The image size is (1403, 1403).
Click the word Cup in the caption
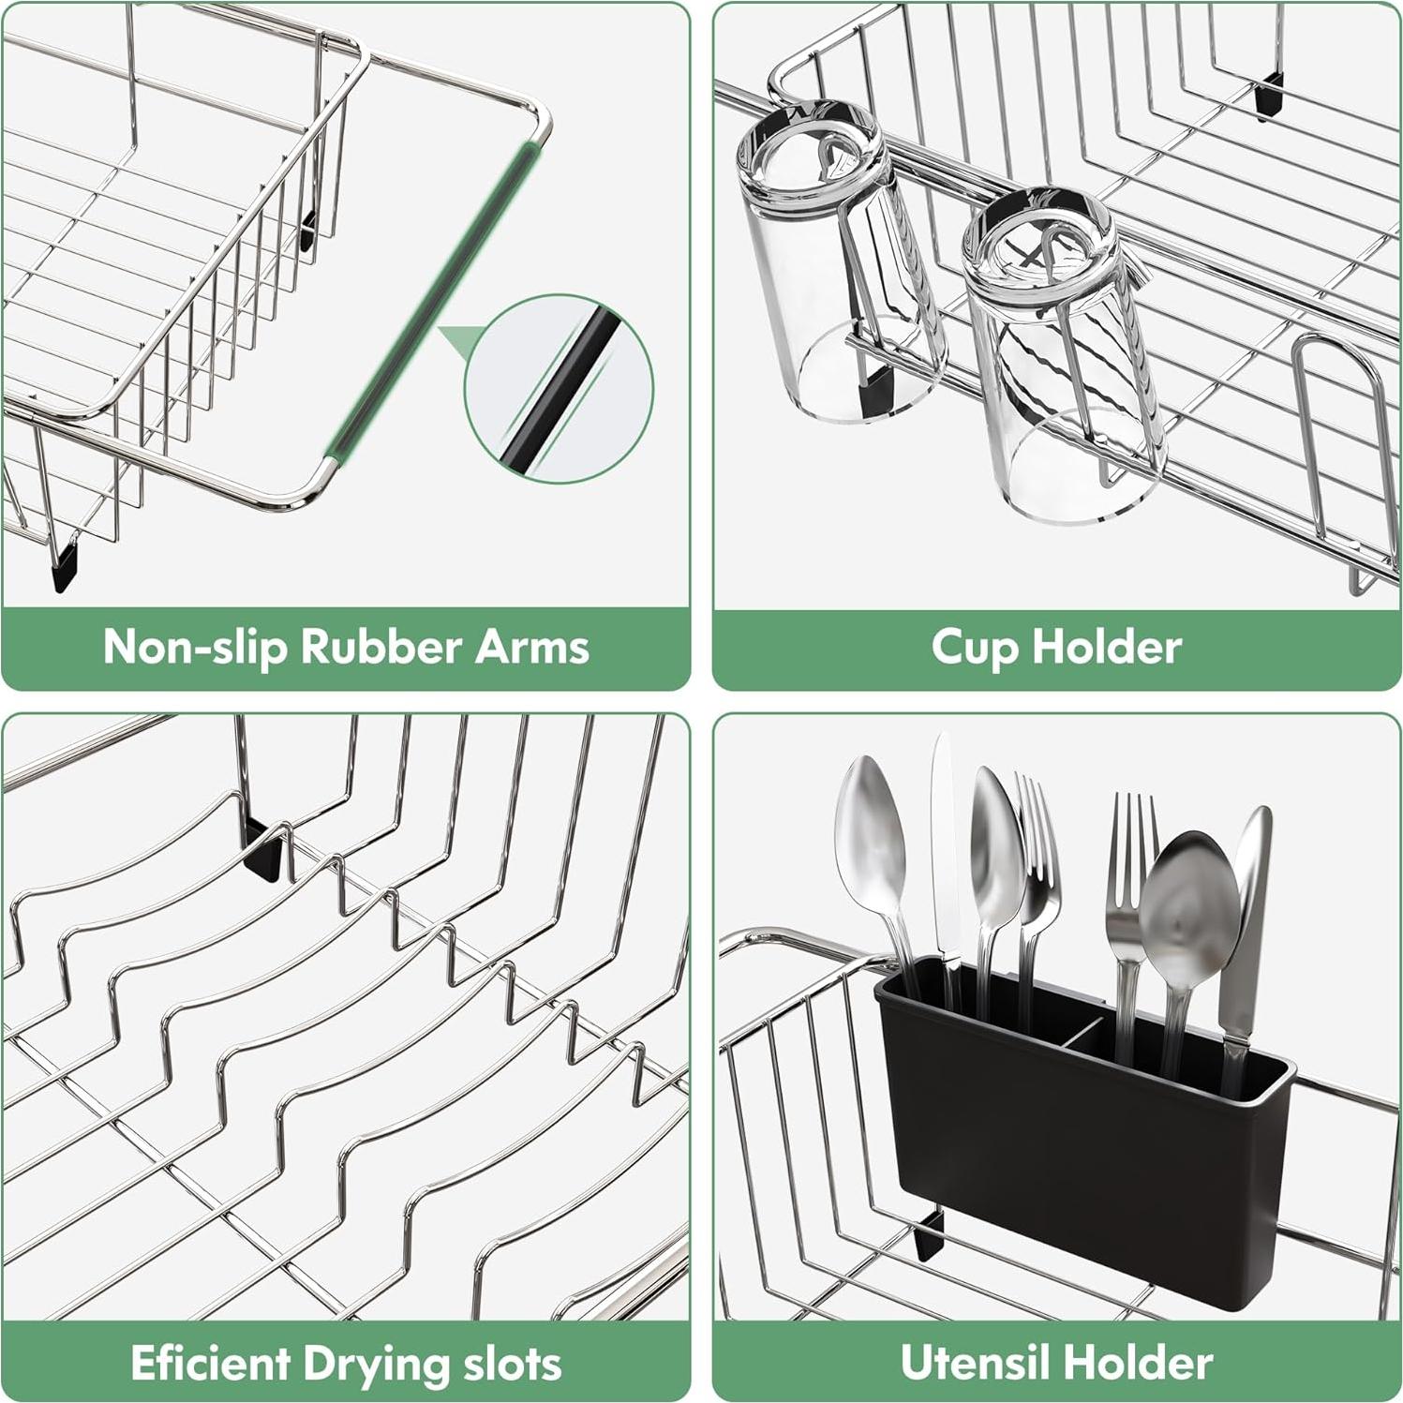(973, 647)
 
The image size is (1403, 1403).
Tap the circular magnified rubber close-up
(559, 388)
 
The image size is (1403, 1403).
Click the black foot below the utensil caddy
(929, 1236)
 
